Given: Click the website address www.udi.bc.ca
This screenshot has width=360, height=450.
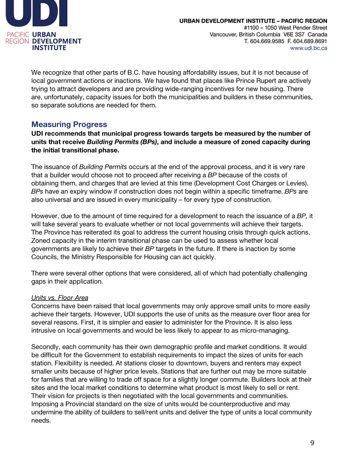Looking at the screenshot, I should (x=308, y=49).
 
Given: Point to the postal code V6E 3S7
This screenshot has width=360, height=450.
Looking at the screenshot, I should (x=294, y=35).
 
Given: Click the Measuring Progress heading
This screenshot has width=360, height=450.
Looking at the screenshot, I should (x=69, y=125).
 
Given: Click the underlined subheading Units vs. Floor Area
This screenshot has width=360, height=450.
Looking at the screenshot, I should (x=60, y=298).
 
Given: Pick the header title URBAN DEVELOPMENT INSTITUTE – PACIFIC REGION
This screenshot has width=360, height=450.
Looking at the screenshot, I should (x=253, y=21).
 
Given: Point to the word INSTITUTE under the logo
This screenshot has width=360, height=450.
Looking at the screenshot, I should (x=49, y=48).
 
